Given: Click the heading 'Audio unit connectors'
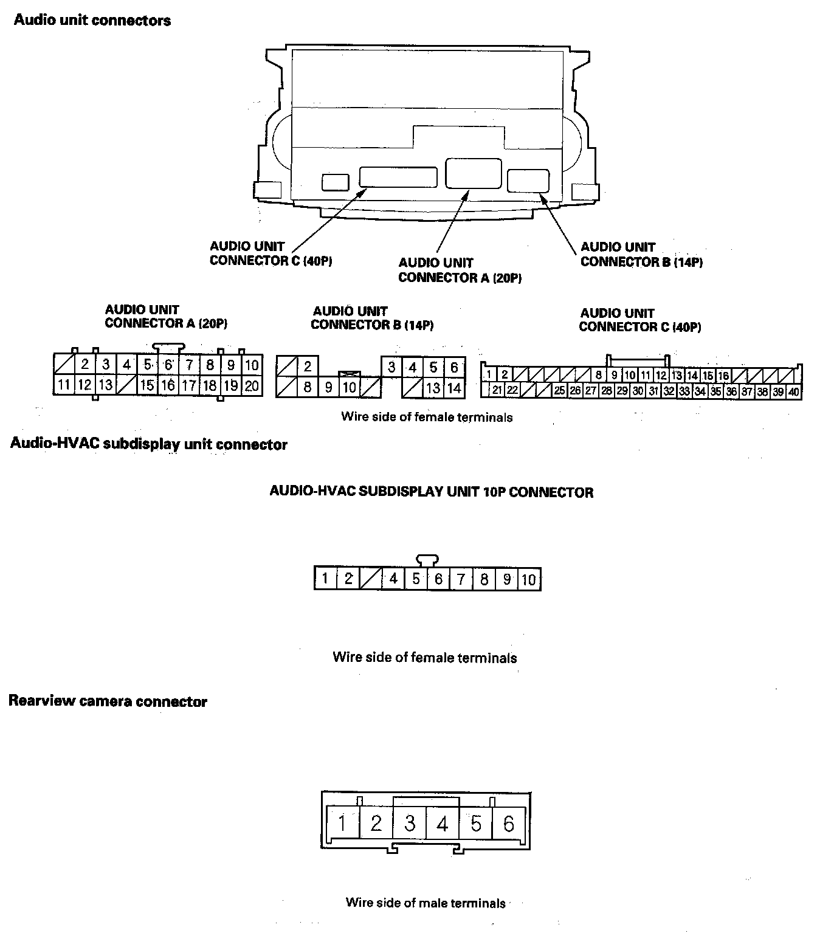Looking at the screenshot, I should (x=92, y=21).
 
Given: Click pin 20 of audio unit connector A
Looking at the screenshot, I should (x=252, y=385).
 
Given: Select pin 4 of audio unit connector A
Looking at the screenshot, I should (x=126, y=365).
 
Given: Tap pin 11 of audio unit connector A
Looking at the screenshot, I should (x=64, y=385).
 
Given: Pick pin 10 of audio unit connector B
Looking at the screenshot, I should (x=349, y=387).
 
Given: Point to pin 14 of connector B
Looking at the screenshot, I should (x=454, y=388).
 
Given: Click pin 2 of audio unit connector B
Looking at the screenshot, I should (x=308, y=366).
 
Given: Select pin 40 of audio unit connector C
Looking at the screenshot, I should (x=793, y=392).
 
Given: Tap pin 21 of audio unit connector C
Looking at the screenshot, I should (x=497, y=390).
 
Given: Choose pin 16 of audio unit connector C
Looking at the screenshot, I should (x=723, y=376).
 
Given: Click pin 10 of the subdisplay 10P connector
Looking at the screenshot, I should (x=529, y=579).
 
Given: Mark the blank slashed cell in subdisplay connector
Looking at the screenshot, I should (x=370, y=579).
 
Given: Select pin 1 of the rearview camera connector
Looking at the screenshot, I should (x=342, y=824).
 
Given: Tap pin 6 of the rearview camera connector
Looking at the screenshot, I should (x=509, y=824).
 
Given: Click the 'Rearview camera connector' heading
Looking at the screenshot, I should (x=108, y=702).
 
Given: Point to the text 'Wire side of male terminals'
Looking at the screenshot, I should (x=426, y=903).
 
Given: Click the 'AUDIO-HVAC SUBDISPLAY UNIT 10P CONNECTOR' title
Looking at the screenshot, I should (x=431, y=492).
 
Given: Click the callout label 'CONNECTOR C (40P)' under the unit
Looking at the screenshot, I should (x=271, y=261).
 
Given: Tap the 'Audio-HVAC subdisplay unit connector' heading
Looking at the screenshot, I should (x=149, y=444).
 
